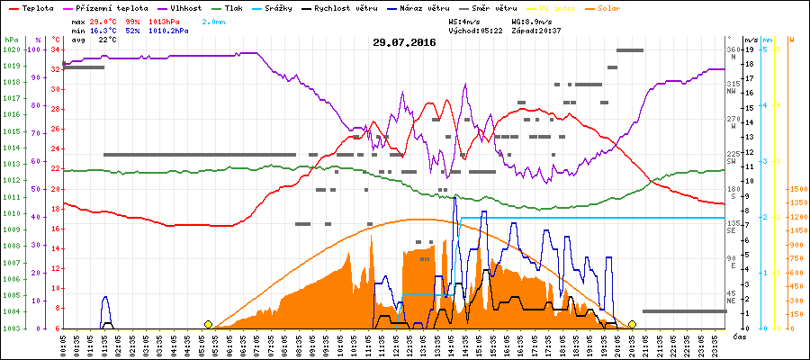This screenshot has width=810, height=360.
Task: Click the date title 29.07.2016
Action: click(403, 42)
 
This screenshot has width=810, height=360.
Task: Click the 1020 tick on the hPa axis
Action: click(11, 49)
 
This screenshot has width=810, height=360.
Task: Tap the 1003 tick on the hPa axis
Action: click(11, 328)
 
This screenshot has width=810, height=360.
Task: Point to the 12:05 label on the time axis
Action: click(397, 344)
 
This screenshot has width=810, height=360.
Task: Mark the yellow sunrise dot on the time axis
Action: click(209, 324)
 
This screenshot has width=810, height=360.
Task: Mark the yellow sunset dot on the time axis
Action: click(632, 324)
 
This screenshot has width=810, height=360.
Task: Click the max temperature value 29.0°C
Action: click(102, 20)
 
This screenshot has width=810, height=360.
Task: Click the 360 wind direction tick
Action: click(733, 49)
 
